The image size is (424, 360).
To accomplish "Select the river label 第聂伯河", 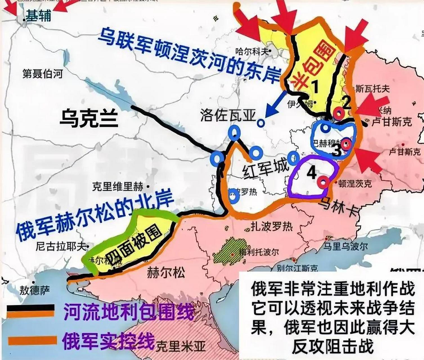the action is (42, 74).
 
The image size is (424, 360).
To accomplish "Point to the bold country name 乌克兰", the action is (89, 118).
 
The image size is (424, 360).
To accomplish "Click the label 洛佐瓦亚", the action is (228, 115).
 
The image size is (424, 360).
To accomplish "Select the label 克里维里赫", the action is (118, 187).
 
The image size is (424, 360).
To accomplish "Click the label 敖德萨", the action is (35, 290).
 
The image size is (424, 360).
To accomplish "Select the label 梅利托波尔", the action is (259, 252).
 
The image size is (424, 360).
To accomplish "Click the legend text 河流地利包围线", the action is (129, 311).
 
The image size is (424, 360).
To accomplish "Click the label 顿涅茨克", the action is (355, 184).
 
